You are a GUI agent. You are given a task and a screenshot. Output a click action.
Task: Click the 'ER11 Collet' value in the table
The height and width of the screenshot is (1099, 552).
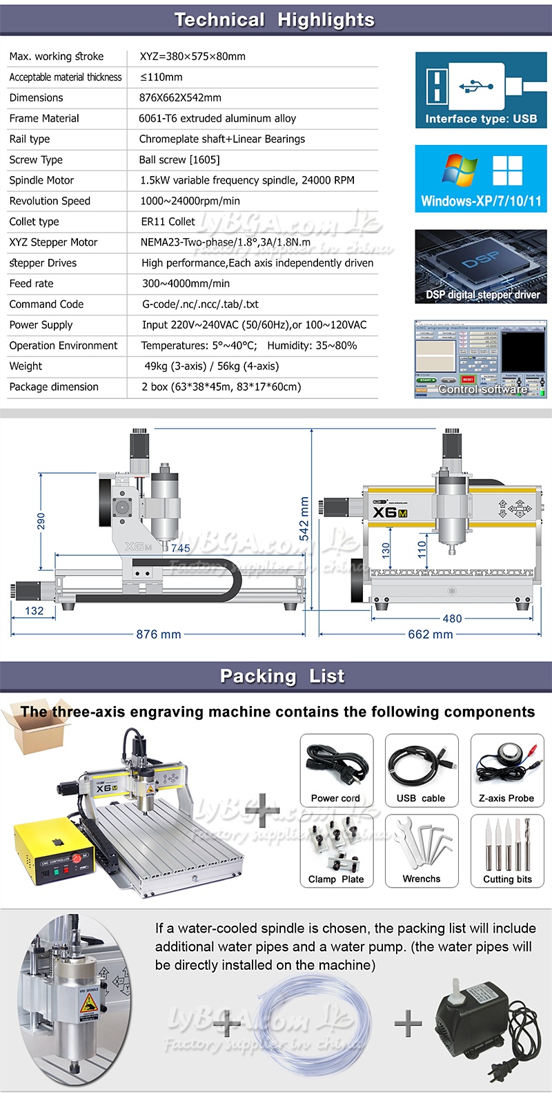[168, 222]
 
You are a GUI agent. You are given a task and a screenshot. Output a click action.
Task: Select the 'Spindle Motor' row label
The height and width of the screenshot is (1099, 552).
[41, 180]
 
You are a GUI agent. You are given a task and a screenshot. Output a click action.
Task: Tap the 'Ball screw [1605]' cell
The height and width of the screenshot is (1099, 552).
[179, 159]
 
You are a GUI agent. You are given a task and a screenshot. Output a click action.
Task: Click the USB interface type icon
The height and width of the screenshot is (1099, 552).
[481, 90]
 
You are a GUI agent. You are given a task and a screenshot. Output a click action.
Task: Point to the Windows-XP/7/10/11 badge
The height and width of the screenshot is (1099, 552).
[481, 179]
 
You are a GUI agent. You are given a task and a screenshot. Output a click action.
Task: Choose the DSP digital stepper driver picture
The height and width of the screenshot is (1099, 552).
[481, 266]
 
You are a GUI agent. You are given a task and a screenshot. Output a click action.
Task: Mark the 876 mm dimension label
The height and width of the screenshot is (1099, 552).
[158, 634]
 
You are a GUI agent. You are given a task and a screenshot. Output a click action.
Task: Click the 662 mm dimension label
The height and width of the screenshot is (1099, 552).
[430, 634]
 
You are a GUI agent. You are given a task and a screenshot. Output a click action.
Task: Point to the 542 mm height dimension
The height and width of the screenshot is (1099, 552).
[304, 519]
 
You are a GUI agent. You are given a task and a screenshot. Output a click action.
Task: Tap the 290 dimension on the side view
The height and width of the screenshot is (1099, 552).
[41, 520]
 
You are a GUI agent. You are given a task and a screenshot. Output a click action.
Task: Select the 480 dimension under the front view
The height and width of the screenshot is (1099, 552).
[452, 619]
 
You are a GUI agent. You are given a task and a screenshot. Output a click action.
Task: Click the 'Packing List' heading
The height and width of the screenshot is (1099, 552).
[282, 677]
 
